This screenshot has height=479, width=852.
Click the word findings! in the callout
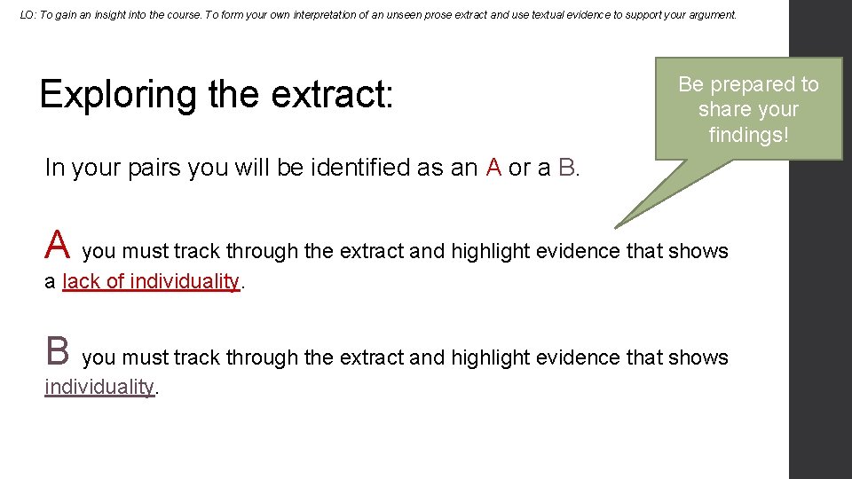[748, 134]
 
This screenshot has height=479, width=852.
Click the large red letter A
[57, 242]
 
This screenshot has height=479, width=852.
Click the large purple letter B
[57, 349]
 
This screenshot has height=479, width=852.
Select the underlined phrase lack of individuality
[151, 281]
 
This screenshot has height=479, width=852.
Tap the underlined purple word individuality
[99, 387]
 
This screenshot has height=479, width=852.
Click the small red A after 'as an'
[493, 167]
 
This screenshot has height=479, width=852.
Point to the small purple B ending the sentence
[567, 167]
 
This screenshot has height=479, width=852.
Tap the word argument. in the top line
[707, 15]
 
